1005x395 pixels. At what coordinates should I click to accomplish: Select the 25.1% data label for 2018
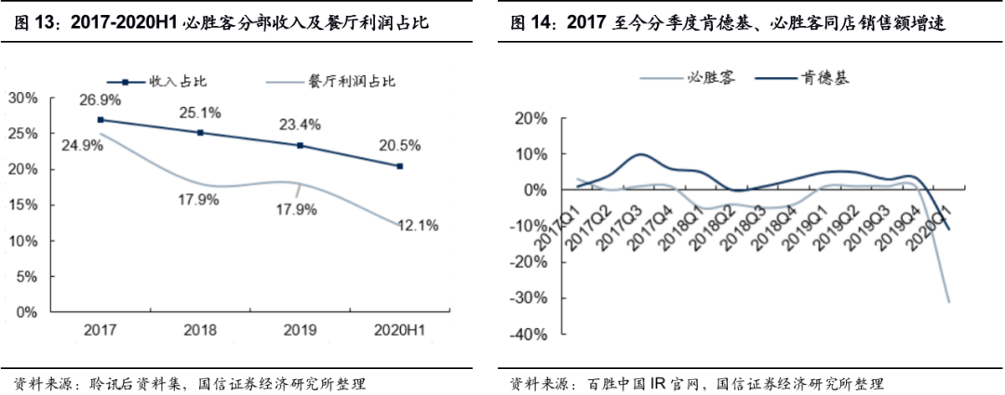click(x=201, y=113)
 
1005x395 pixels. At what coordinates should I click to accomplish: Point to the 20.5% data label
click(x=400, y=146)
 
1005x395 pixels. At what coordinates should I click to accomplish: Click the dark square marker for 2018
click(x=200, y=133)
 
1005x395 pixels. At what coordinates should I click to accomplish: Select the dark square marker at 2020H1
click(x=400, y=166)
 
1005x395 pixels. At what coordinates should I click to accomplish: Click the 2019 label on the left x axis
click(x=300, y=331)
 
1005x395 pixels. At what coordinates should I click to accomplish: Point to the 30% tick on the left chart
click(x=22, y=97)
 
